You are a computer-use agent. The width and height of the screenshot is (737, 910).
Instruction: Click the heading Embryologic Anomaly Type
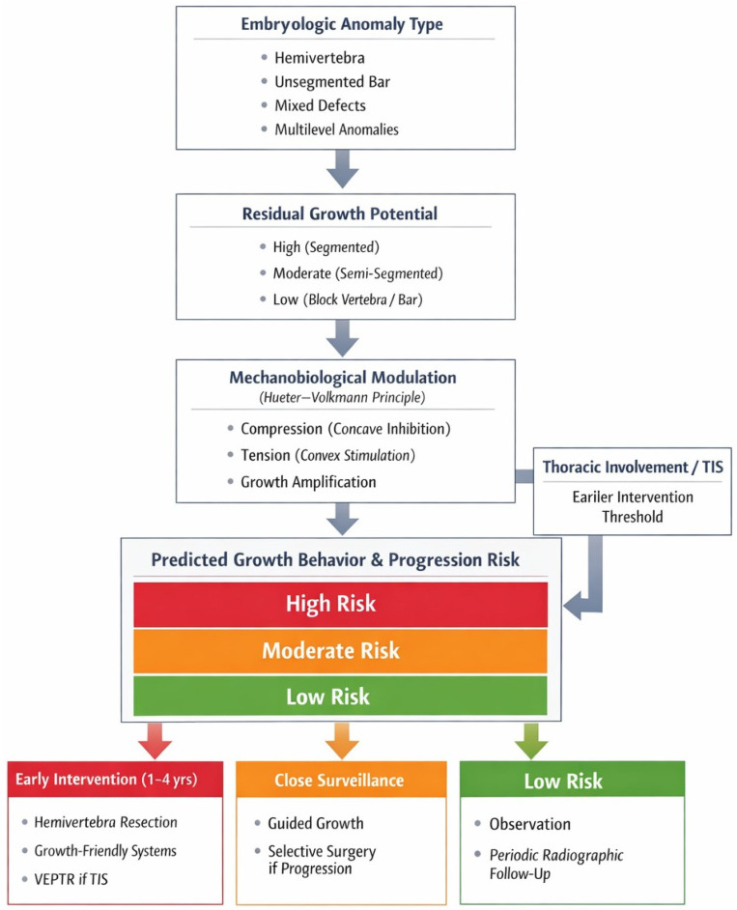342,24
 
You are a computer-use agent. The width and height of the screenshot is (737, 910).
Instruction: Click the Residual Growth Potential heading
339,213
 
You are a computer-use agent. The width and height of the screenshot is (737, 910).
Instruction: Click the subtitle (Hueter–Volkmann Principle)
342,398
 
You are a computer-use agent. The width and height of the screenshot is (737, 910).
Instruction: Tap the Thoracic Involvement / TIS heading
633,468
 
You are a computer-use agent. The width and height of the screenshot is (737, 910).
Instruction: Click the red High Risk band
341,604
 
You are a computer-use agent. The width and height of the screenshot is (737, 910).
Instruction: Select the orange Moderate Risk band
341,651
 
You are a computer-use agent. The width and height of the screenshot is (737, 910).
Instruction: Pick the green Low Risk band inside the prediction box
341,696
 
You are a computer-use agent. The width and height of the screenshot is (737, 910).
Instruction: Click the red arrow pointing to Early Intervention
155,741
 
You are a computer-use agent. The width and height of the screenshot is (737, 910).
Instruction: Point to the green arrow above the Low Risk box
531,741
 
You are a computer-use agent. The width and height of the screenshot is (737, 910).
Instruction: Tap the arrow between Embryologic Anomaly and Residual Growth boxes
343,168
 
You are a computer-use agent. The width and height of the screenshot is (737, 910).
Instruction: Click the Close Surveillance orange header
341,780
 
